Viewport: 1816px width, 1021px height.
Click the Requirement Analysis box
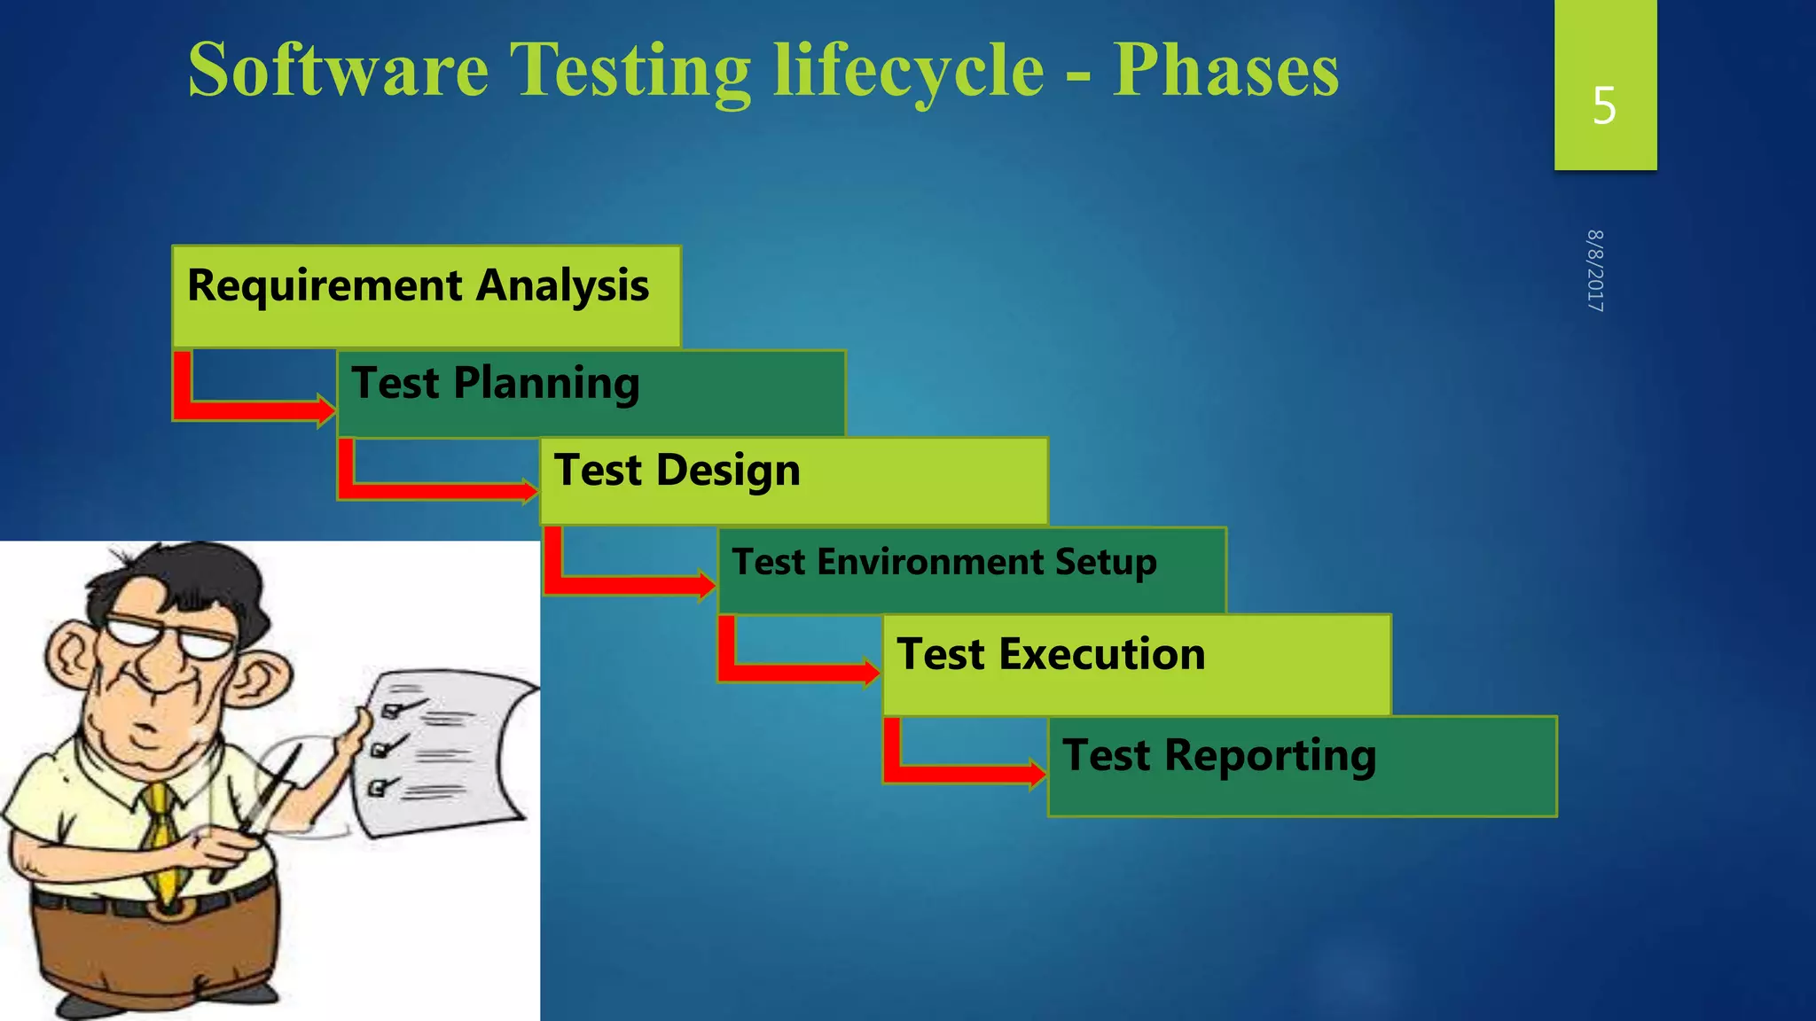click(x=426, y=296)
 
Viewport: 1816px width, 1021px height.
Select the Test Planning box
click(x=591, y=393)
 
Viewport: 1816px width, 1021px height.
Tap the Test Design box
click(x=794, y=479)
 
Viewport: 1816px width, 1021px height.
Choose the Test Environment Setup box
click(x=972, y=570)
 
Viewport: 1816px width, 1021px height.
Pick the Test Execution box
click(x=1137, y=664)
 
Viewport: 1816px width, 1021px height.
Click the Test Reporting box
click(x=1302, y=765)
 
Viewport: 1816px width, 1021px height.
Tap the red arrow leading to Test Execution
click(x=798, y=670)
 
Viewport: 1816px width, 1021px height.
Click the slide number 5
click(x=1604, y=106)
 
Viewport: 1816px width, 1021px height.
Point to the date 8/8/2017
click(x=1595, y=270)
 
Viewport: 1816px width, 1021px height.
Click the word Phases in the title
click(x=1225, y=71)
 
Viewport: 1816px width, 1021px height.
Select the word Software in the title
click(x=339, y=71)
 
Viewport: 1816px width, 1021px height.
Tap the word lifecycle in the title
click(x=909, y=71)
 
